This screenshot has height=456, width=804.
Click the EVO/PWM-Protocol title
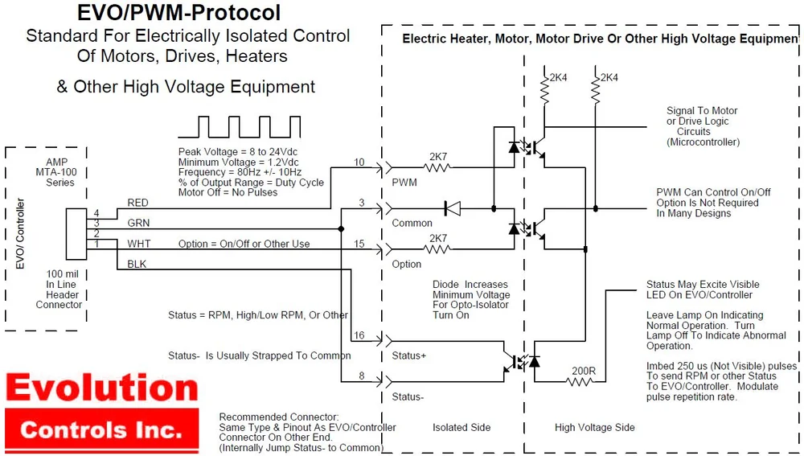pyautogui.click(x=178, y=13)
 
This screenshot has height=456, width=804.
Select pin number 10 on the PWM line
pyautogui.click(x=359, y=162)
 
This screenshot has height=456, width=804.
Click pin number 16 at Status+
pyautogui.click(x=359, y=335)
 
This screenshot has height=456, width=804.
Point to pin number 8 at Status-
pyautogui.click(x=362, y=376)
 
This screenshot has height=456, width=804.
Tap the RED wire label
pyautogui.click(x=137, y=203)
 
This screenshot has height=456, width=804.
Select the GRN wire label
pyautogui.click(x=137, y=223)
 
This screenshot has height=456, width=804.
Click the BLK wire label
pyautogui.click(x=137, y=264)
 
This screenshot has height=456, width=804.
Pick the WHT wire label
pyautogui.click(x=138, y=244)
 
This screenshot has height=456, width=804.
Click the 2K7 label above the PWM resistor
pyautogui.click(x=439, y=156)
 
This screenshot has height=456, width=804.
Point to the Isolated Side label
pyautogui.click(x=461, y=427)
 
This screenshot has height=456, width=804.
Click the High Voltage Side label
pyautogui.click(x=594, y=427)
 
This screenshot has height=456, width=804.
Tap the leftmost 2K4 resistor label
pyautogui.click(x=557, y=77)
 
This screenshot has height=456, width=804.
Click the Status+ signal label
pyautogui.click(x=408, y=355)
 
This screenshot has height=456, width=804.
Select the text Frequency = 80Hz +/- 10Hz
pyautogui.click(x=240, y=172)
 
